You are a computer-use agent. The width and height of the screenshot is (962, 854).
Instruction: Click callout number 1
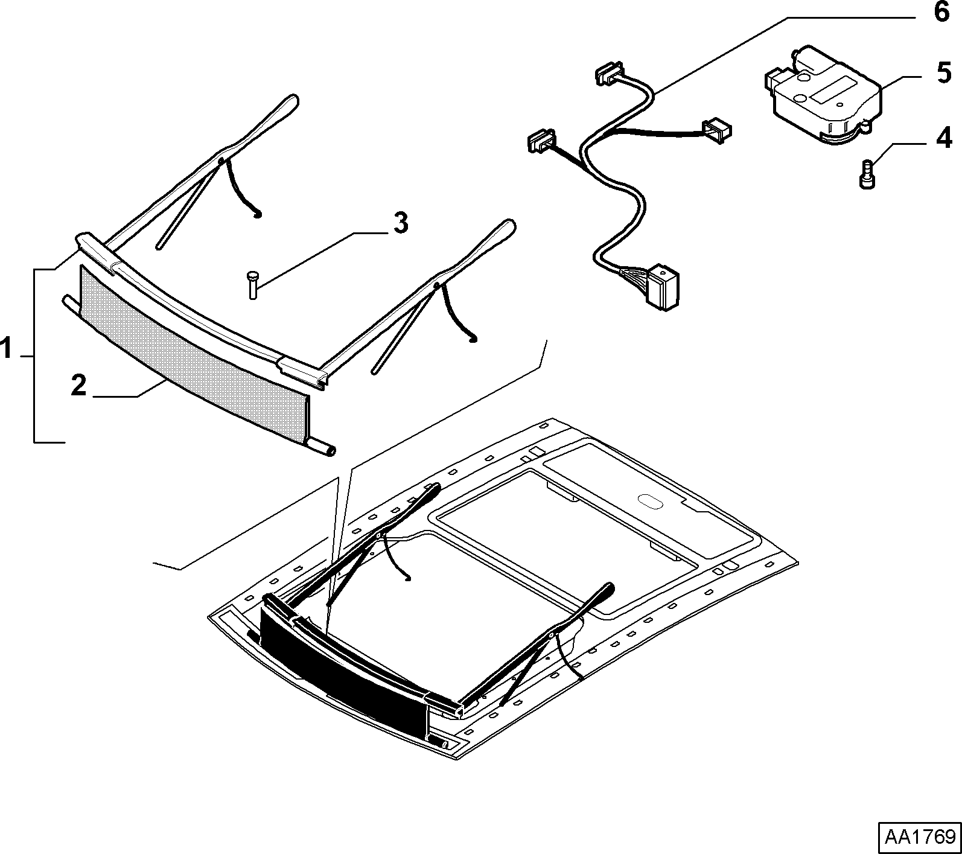[x=7, y=349]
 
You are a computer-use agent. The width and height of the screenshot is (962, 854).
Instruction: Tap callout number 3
[x=401, y=223]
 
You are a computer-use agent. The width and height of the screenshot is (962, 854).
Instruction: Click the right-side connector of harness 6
[x=717, y=129]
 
